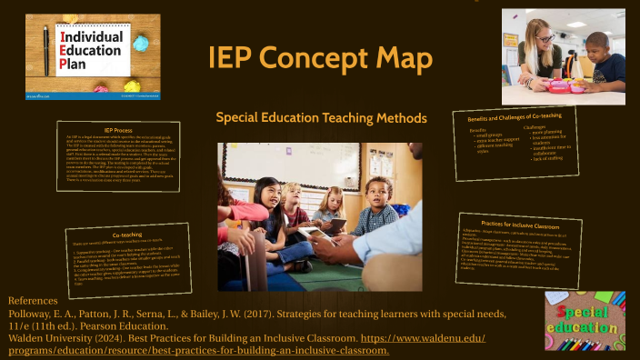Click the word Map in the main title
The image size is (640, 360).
click(398, 60)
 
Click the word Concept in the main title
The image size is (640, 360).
click(307, 60)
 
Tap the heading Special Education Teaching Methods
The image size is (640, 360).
click(320, 118)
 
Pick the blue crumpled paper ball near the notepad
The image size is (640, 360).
click(140, 42)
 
